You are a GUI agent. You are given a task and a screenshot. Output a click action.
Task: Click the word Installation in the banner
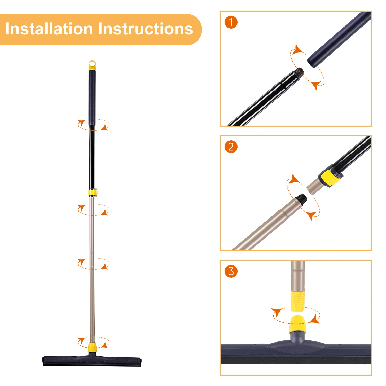click(49, 29)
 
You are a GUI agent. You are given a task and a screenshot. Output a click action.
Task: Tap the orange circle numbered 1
click(231, 22)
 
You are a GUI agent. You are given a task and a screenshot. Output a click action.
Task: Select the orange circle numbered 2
click(231, 147)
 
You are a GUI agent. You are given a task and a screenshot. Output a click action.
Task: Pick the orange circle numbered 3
click(231, 271)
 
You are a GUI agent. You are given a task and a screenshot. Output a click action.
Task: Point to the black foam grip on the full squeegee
click(92, 98)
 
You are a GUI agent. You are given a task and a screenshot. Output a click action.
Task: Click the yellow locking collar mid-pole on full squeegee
click(93, 193)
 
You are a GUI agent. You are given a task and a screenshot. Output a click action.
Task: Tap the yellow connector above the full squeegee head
click(92, 347)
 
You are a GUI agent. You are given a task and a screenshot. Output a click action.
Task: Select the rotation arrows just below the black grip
click(93, 125)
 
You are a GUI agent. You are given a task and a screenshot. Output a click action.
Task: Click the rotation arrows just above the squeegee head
click(93, 342)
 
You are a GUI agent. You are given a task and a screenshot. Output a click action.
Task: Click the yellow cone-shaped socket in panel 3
click(298, 325)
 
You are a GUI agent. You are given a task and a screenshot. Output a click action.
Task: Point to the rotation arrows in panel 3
click(296, 315)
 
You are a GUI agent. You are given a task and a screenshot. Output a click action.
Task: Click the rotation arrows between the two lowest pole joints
click(93, 264)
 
